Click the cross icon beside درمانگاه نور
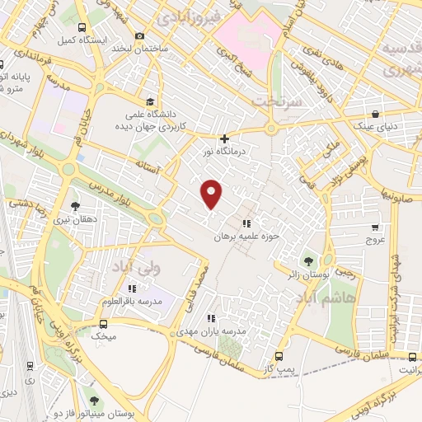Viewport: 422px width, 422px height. (x=224, y=138)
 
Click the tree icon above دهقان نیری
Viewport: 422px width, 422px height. (x=76, y=207)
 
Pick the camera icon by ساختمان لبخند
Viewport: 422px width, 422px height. (x=138, y=35)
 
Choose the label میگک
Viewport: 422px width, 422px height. (x=106, y=336)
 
